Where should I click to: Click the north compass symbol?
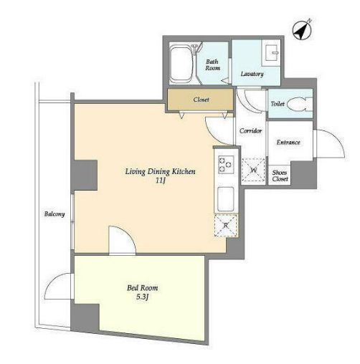point(302,30)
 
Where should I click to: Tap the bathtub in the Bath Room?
point(181,64)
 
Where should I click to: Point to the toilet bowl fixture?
point(300,105)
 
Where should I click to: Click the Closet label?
point(202,100)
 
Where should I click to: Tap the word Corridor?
point(250,131)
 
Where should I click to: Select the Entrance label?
point(288,143)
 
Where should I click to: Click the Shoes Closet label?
point(280,176)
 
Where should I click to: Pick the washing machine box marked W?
point(253,170)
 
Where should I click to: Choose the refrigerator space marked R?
point(226,225)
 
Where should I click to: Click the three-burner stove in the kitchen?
point(226,164)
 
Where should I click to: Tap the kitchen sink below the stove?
point(226,199)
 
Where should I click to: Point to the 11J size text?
point(161,181)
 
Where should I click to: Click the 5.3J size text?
point(143,297)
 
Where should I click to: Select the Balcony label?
point(55,214)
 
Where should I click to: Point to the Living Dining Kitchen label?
point(161,171)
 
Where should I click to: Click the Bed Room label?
point(143,288)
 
